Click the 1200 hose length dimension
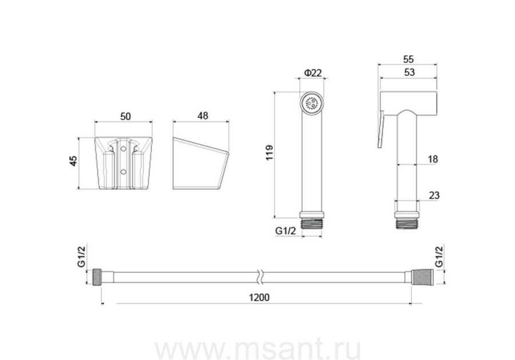pyautogui.click(x=259, y=297)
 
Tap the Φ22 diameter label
pyautogui.click(x=312, y=73)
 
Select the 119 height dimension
pyautogui.click(x=270, y=153)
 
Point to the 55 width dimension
pyautogui.click(x=408, y=60)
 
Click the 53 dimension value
pyautogui.click(x=409, y=72)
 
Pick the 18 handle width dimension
pyautogui.click(x=433, y=159)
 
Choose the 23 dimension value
pyautogui.click(x=434, y=195)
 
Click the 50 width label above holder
pyautogui.click(x=125, y=117)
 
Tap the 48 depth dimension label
pyautogui.click(x=203, y=116)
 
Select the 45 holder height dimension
pyautogui.click(x=74, y=161)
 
